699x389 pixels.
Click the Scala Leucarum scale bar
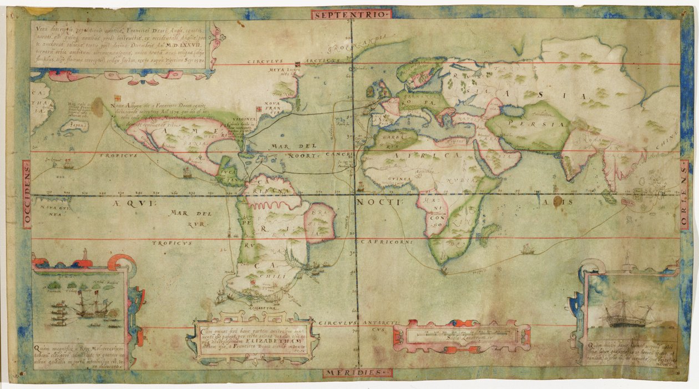point(462,335)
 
